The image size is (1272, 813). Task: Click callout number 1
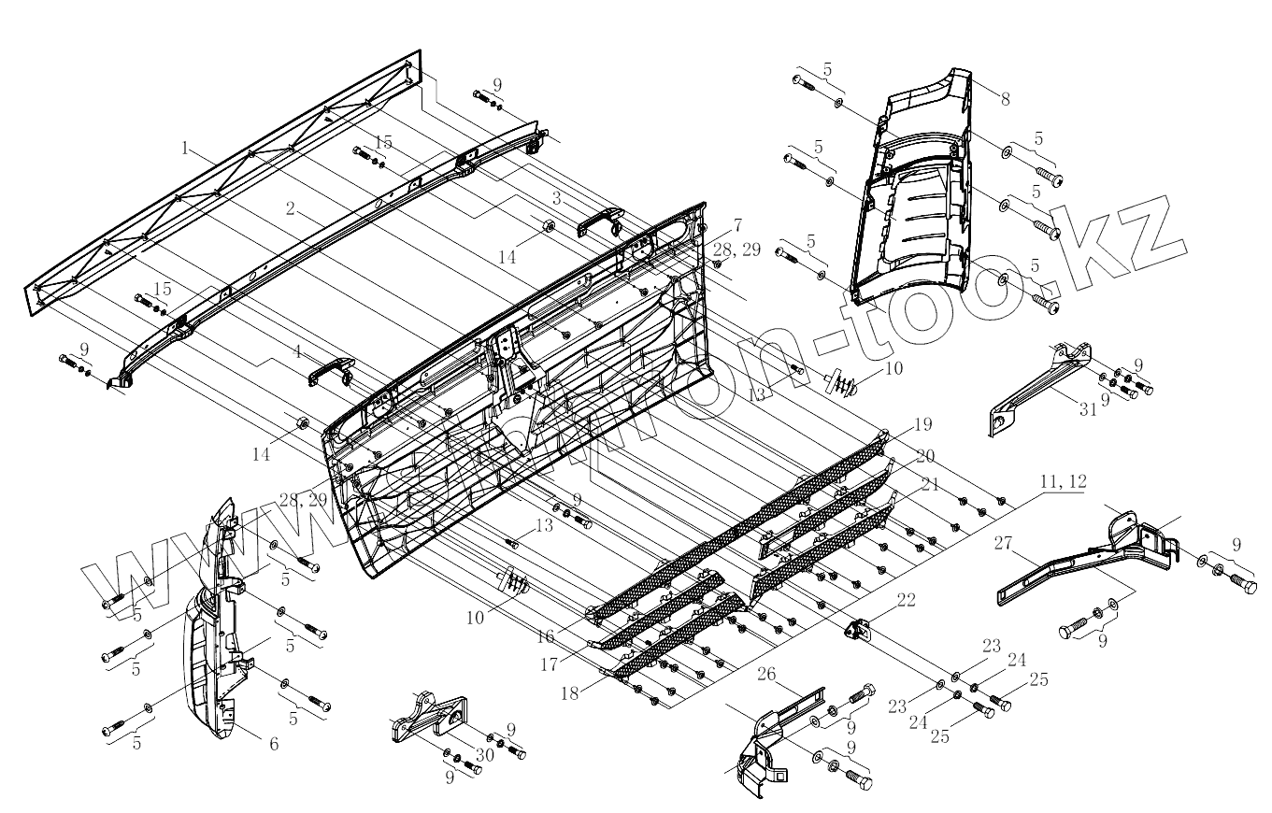pyautogui.click(x=186, y=148)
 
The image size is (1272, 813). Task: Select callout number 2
pyautogui.click(x=293, y=211)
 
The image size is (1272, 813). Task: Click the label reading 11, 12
pyautogui.click(x=1063, y=481)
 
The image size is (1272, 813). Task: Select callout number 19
pyautogui.click(x=922, y=425)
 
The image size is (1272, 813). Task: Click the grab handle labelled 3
pyautogui.click(x=599, y=221)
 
